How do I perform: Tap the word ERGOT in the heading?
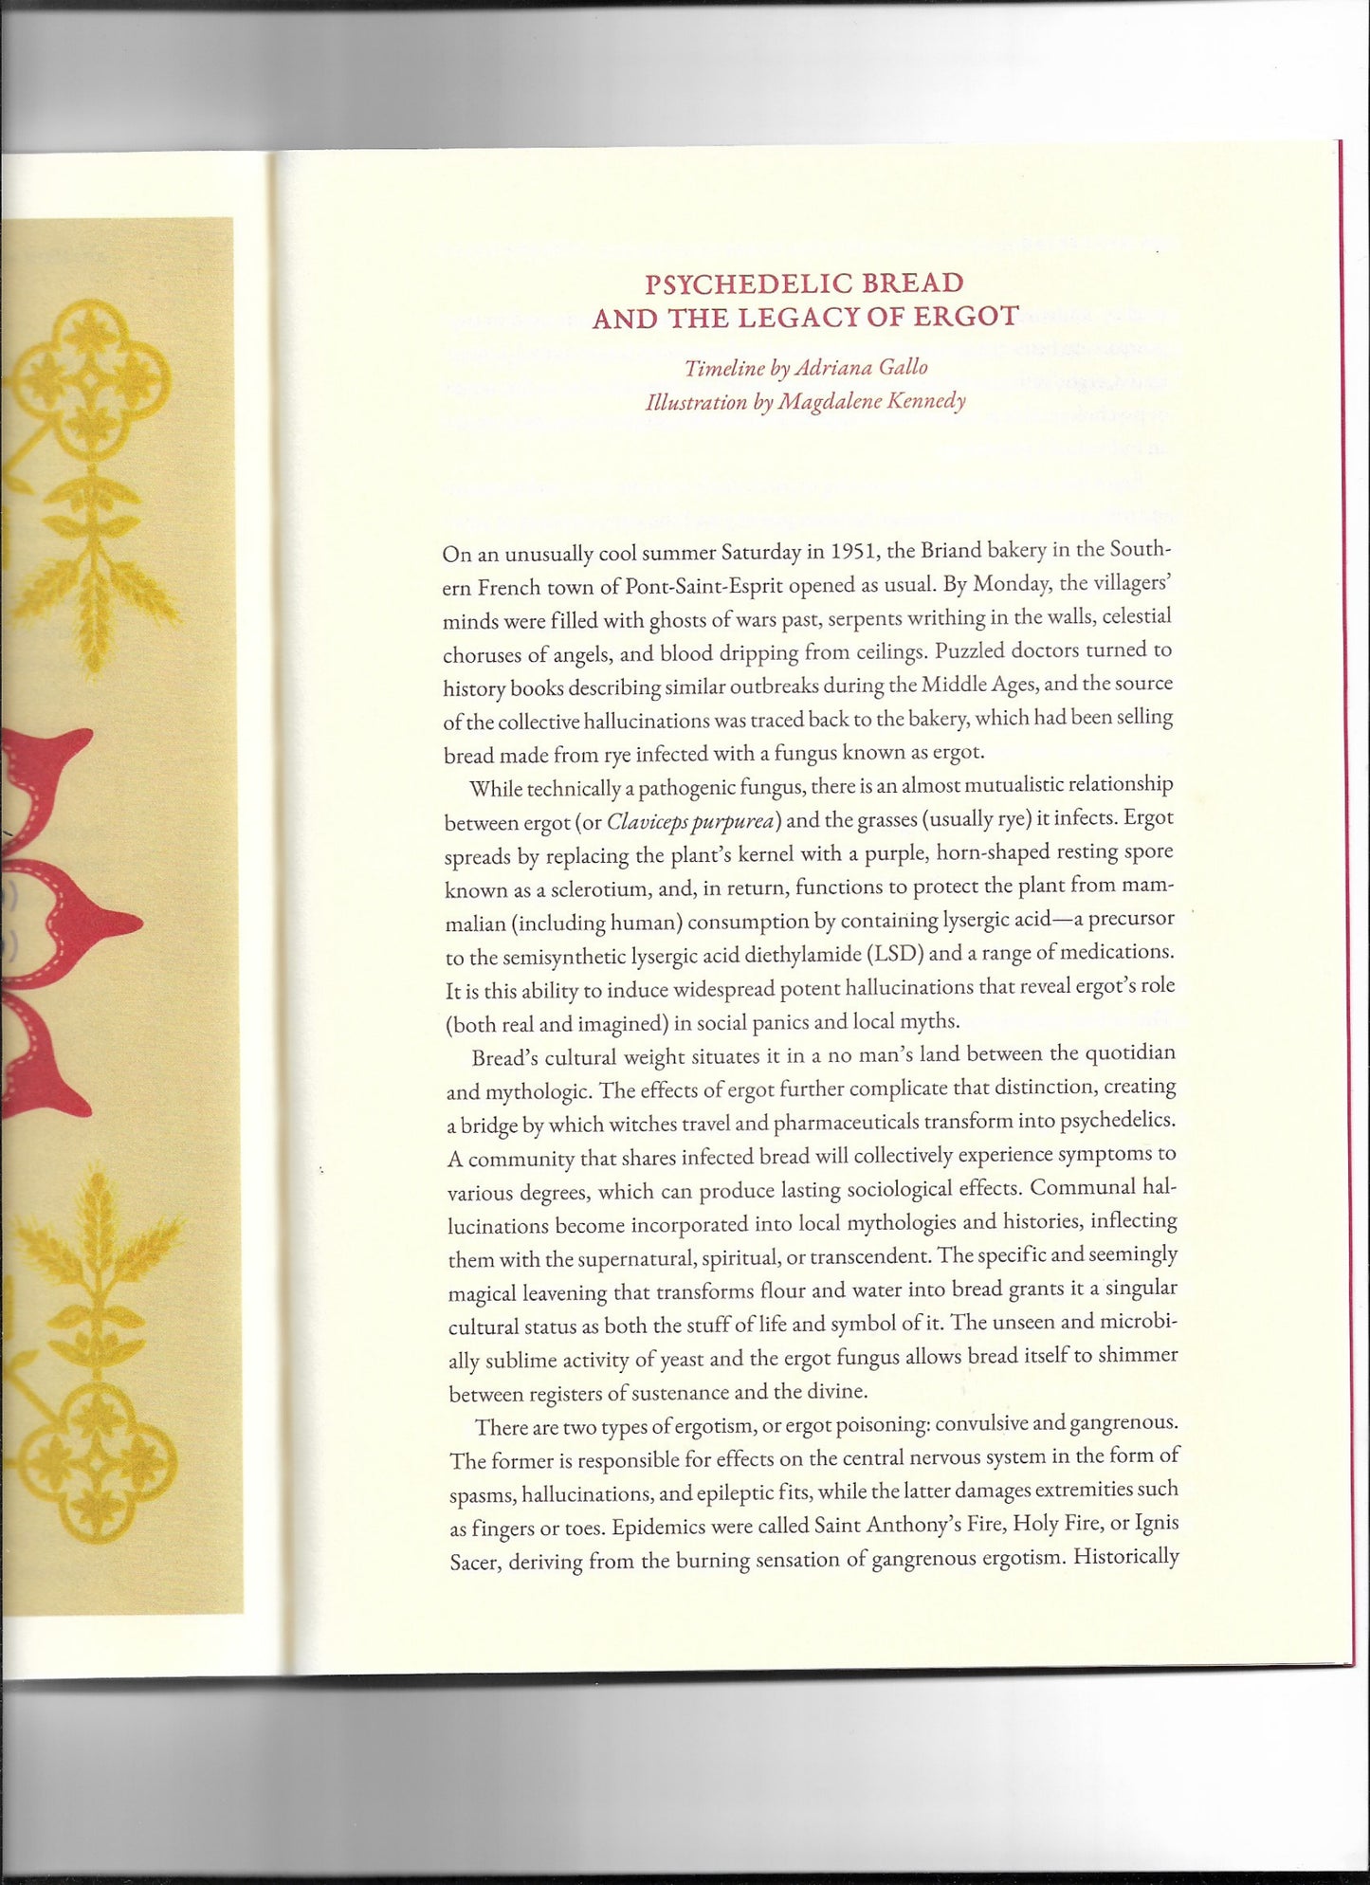pyautogui.click(x=969, y=317)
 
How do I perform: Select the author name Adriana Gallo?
pyautogui.click(x=861, y=368)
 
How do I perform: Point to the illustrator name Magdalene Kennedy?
pyautogui.click(x=872, y=402)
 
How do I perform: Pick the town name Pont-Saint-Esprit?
pyautogui.click(x=703, y=587)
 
